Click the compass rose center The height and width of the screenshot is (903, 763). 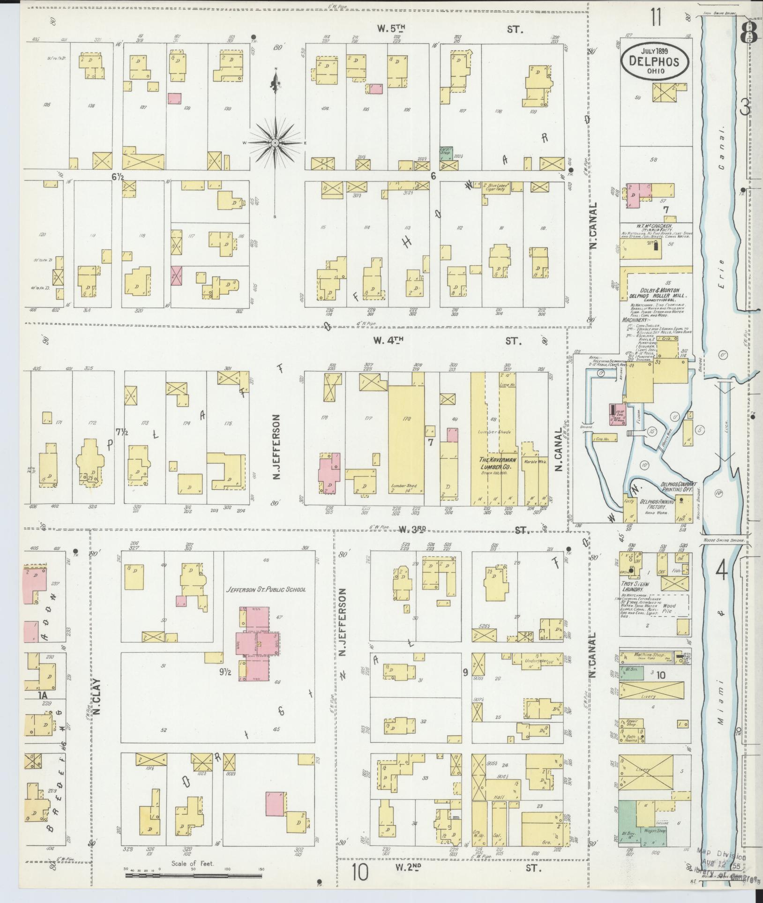(276, 142)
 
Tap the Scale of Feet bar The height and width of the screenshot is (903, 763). (193, 875)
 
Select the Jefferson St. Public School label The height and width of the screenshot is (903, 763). (266, 590)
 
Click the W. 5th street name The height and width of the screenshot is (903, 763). (391, 29)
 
